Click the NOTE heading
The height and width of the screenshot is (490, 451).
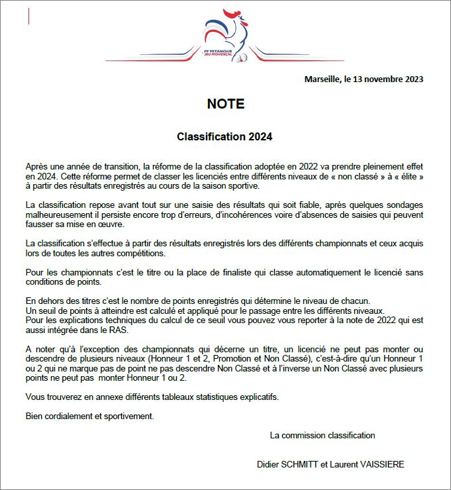click(x=225, y=104)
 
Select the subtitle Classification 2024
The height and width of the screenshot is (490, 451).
click(x=225, y=137)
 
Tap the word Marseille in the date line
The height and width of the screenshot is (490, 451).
click(x=321, y=79)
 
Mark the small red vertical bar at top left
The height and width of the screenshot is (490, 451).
click(x=28, y=17)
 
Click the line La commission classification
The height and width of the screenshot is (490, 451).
click(x=323, y=435)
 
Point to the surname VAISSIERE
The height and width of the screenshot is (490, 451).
click(x=379, y=464)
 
